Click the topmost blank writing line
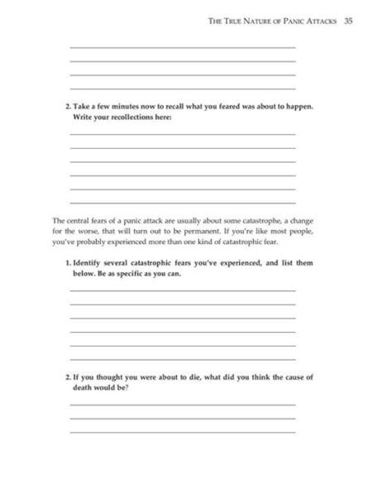[182, 47]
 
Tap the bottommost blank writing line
[182, 432]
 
